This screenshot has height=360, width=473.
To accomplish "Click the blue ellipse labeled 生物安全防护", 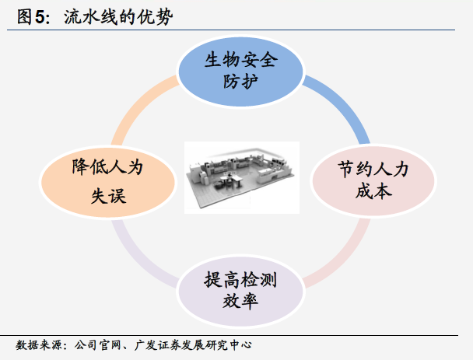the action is pos(240,72).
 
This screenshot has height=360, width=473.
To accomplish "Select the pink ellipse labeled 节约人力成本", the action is pos(373,180).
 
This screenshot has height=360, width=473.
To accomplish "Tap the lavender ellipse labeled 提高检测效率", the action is pos(240,291).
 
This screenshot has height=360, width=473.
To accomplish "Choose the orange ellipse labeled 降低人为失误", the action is pos(107,182).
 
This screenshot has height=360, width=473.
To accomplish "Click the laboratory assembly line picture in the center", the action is pos(242,177).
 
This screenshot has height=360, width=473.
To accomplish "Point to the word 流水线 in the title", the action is pos(90,17).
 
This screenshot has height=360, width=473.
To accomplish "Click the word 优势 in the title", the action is pos(155,17).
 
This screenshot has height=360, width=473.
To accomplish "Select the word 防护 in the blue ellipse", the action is pos(240,81).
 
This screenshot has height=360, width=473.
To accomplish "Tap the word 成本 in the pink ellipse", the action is pos(373,191).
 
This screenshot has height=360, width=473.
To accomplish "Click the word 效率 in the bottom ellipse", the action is pos(240,301).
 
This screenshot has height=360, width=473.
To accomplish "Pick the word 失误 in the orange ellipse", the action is pos(108,196).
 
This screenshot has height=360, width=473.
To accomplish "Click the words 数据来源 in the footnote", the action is pos(39,345).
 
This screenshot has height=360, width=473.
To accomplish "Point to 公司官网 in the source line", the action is pos(97,345).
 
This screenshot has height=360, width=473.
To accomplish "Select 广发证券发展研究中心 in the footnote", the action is pos(193,345).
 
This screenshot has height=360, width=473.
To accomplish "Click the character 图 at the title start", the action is pos(24,17).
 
